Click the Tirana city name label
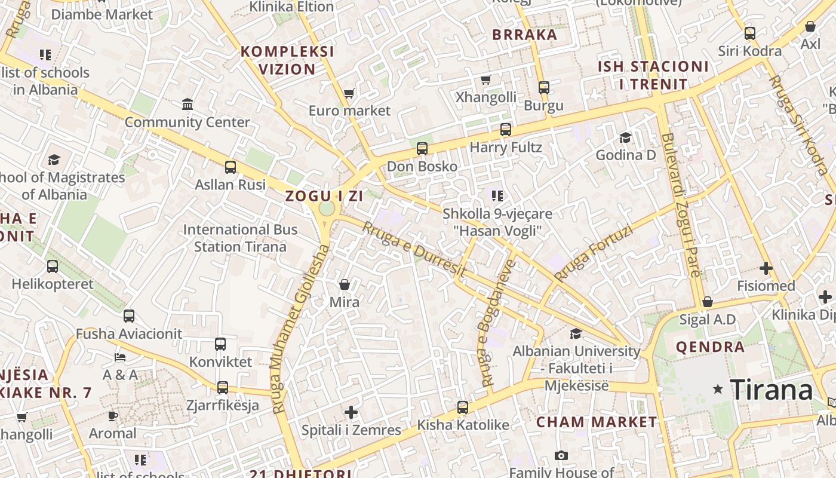coord(771,390)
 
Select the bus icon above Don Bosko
coord(422,148)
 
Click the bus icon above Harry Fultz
coord(506,129)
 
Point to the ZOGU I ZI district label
coord(324,196)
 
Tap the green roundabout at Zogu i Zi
coord(327,209)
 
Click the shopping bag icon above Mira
coord(345,284)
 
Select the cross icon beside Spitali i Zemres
coord(351,412)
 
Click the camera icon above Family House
coord(561,456)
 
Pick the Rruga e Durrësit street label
coord(414,249)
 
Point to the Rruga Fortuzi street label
coord(593,253)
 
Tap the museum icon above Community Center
coord(188,105)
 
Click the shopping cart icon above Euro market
coord(349,93)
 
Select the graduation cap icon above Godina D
coord(625,138)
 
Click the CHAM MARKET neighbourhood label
coord(597,422)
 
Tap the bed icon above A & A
coord(120,357)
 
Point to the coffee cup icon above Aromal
coord(113,415)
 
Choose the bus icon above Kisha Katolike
coord(463,407)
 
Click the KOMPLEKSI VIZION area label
coord(287,60)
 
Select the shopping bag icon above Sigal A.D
coord(708,302)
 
